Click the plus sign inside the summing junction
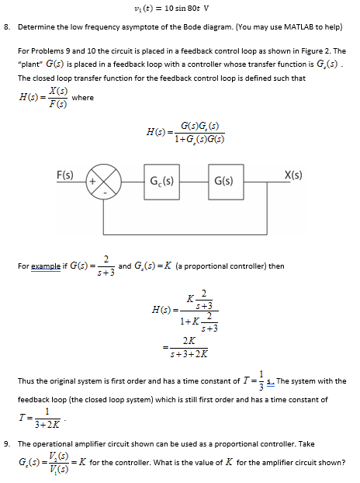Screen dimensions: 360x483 98,181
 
